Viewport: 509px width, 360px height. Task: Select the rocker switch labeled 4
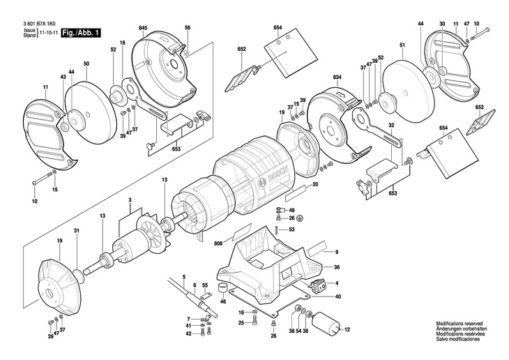click(321, 285)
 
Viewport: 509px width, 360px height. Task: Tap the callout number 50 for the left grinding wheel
click(86, 64)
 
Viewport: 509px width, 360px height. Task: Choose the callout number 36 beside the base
click(336, 267)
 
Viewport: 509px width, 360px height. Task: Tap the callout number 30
click(442, 24)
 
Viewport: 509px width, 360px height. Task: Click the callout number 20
click(314, 184)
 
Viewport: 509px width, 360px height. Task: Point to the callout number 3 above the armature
click(130, 200)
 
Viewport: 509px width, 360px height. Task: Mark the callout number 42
click(188, 334)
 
